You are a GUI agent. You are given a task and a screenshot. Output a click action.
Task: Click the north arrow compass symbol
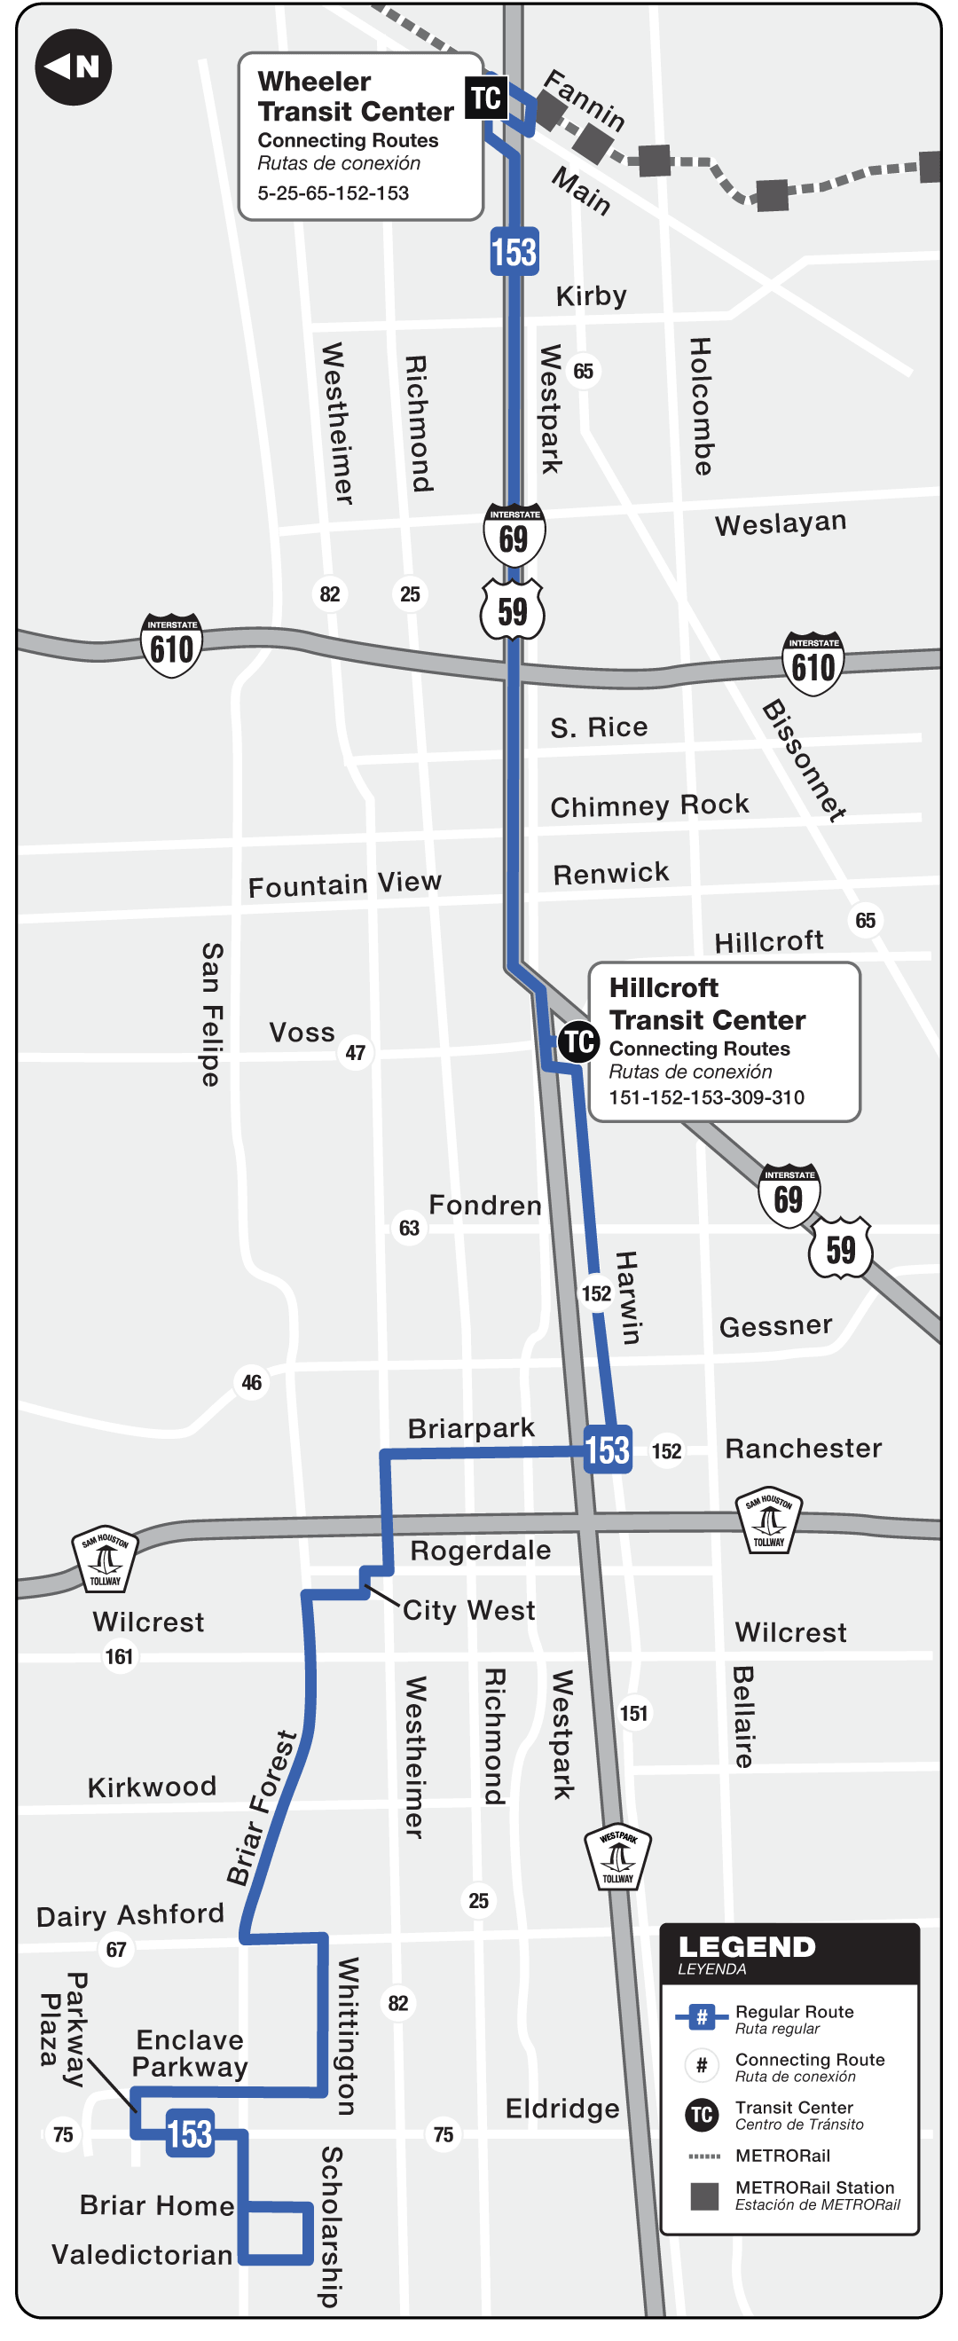pos(73,67)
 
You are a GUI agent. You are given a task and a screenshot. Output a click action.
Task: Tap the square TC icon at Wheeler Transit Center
pos(485,98)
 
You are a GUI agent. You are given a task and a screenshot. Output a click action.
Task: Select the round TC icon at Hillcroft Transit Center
pos(579,1041)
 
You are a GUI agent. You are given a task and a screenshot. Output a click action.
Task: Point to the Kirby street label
pos(591,296)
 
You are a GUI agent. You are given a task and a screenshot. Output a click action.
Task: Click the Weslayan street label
pos(780,523)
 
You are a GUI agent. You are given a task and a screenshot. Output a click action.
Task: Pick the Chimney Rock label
pos(649,806)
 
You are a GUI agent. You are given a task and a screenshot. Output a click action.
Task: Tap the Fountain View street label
pos(344,884)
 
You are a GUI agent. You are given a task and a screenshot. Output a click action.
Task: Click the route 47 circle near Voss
pos(356,1052)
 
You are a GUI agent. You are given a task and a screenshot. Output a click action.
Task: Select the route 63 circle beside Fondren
pos(409,1229)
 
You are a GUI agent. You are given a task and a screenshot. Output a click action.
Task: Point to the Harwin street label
pos(628,1297)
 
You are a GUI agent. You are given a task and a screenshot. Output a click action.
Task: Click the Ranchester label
pos(803,1449)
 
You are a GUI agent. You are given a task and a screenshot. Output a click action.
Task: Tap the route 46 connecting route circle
pos(252,1382)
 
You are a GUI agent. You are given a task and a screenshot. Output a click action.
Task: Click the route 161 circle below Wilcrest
pos(119,1657)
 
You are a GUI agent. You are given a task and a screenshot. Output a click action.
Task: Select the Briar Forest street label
pos(261,1809)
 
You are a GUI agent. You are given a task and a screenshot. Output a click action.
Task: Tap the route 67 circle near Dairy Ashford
pos(116,1949)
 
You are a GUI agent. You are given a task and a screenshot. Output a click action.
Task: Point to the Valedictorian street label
pos(142,2255)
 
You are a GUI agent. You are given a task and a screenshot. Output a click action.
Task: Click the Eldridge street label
pos(561,2109)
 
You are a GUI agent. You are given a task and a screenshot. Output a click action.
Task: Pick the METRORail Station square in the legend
pos(703,2196)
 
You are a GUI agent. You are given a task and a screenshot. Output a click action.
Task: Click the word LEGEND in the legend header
pos(746,1947)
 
